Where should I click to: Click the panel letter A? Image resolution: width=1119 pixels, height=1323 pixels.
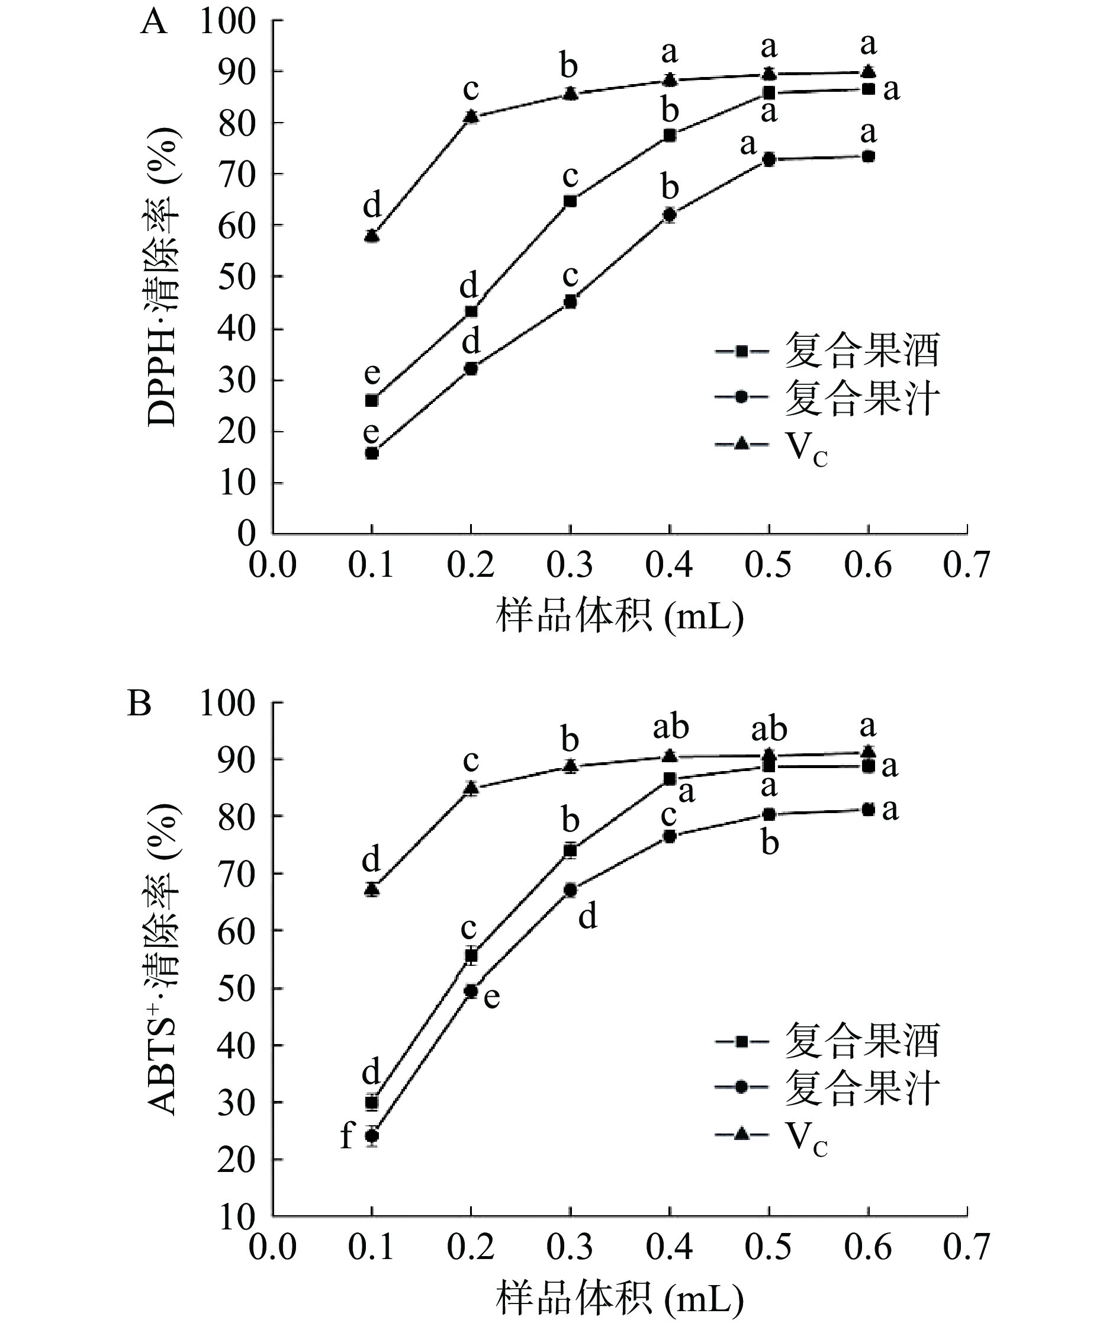153,24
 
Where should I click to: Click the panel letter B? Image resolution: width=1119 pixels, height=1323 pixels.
140,704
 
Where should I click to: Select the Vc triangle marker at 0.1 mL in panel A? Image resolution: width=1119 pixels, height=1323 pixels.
372,236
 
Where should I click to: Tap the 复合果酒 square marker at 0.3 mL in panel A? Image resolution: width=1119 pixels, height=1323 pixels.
570,201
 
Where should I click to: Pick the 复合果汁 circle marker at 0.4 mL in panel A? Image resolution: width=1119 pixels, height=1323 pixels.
669,215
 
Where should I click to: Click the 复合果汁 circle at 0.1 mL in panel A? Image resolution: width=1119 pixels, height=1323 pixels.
372,453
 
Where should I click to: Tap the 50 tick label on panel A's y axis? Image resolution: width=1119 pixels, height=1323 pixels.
236,277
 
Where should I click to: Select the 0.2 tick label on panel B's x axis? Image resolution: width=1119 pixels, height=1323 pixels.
471,1247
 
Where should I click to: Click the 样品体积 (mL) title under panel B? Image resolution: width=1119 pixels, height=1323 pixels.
619,1297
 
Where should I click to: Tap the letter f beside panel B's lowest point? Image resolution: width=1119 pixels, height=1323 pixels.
346,1136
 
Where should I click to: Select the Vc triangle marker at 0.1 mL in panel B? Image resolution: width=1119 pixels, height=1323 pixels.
372,890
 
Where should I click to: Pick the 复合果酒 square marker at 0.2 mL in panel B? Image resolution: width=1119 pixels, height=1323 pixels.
471,956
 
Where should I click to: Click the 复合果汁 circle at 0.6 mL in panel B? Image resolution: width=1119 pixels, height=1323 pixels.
869,810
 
